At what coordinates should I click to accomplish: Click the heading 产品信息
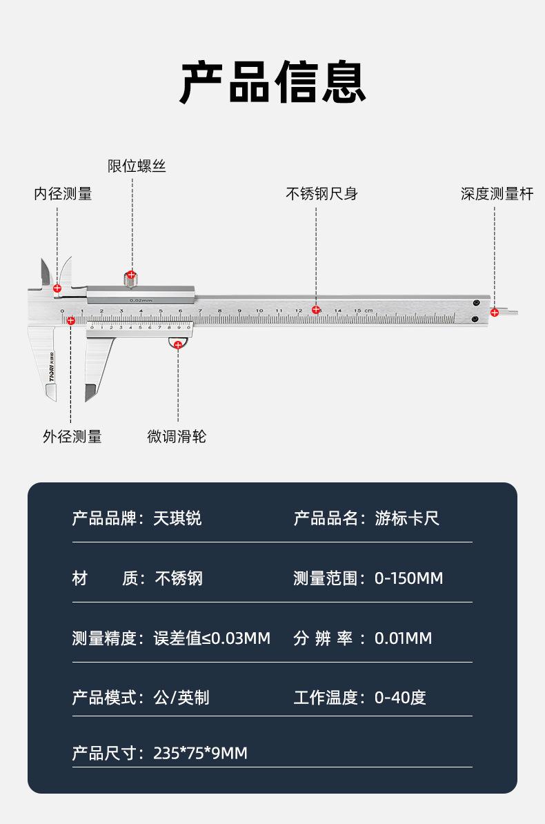tap(272, 82)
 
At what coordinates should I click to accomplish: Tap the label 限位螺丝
tap(137, 166)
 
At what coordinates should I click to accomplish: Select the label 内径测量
tap(63, 194)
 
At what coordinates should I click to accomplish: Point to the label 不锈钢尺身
tap(321, 194)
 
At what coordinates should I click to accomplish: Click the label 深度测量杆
tap(497, 194)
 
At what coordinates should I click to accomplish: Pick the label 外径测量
tap(72, 436)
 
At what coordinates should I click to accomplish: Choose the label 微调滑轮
tap(177, 436)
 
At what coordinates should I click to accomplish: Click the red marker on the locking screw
tap(131, 275)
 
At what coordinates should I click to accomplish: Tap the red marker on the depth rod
tap(495, 313)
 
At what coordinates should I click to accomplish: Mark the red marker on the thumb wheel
tap(178, 344)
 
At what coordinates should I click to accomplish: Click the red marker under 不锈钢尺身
tap(316, 310)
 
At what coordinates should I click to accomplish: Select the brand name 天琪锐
tap(177, 518)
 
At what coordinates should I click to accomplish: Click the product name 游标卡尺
tap(407, 518)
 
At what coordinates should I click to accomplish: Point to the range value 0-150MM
tap(408, 578)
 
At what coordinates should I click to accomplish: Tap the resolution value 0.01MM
tap(403, 638)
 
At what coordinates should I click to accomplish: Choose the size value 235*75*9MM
tap(200, 753)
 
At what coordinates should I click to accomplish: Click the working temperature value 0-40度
tap(400, 698)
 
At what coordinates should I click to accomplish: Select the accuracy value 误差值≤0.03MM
tap(212, 638)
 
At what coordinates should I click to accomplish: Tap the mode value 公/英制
tap(181, 698)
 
